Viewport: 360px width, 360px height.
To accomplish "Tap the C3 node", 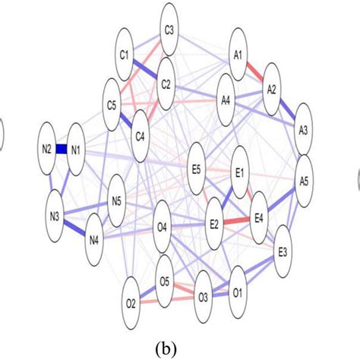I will (169, 30).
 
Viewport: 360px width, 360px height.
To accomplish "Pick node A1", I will (238, 55).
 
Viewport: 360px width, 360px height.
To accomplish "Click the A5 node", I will (305, 182).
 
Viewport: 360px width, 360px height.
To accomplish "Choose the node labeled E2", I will (214, 224).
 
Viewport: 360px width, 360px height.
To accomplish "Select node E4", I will (258, 219).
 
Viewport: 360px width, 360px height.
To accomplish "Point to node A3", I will (303, 130).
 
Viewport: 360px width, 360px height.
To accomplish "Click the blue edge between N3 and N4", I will (74, 229).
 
